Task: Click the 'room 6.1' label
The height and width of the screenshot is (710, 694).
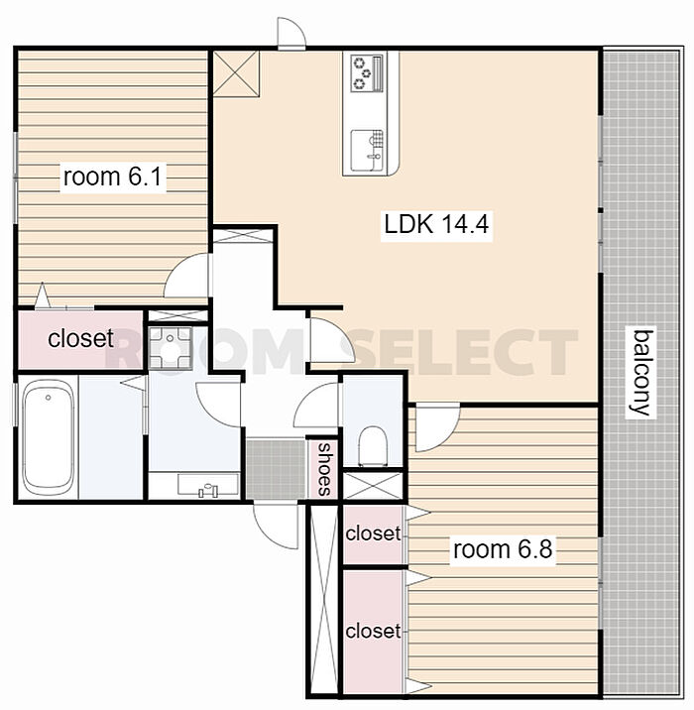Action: point(113,177)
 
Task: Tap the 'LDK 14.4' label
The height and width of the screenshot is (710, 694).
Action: point(436,224)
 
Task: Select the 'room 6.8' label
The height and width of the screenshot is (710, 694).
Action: point(503,549)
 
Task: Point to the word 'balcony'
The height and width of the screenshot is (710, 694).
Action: point(641,372)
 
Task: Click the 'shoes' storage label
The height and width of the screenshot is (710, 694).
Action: point(323,469)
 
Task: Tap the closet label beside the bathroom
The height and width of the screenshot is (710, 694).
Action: point(80,338)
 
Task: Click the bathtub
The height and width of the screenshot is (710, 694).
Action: point(48,437)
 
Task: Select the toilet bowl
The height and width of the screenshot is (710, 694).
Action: point(373,446)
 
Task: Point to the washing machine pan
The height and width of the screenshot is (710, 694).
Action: point(171,347)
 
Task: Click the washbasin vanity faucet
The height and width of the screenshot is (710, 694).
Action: point(208,490)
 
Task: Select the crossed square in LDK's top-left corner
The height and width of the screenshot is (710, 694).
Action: point(236,73)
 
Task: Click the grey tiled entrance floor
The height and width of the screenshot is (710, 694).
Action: point(276,469)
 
